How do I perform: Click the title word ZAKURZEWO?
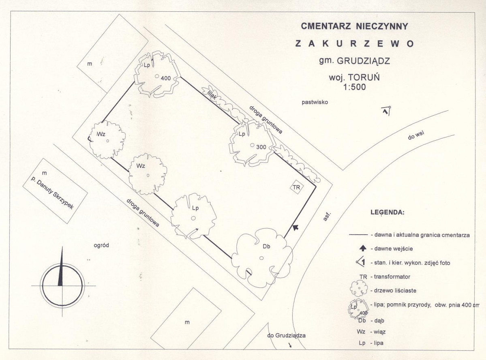(x=355, y=43)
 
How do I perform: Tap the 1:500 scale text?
(x=354, y=87)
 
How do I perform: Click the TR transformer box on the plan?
(x=296, y=187)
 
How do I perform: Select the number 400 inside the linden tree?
(x=166, y=79)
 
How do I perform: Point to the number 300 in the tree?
(x=261, y=147)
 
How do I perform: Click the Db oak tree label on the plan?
(x=267, y=246)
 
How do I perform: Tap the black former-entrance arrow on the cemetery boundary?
(x=295, y=227)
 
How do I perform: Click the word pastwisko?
(x=315, y=102)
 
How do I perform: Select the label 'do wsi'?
(x=416, y=135)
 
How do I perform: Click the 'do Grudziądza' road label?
(x=287, y=336)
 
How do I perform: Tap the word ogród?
(x=101, y=245)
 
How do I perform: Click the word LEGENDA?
(x=388, y=213)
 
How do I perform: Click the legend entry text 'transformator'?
(x=392, y=276)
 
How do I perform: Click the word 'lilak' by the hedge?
(x=212, y=94)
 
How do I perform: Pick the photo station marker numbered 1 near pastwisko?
(x=386, y=111)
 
